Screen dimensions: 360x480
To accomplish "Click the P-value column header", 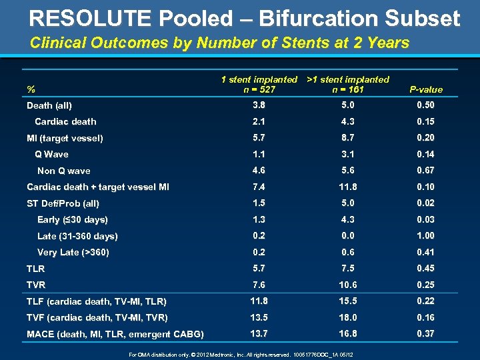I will click(425, 89).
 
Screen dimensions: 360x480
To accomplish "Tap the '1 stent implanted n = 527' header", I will click(259, 84).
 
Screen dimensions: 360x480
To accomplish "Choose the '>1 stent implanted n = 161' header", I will click(347, 84).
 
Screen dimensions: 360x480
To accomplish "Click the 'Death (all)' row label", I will click(49, 105).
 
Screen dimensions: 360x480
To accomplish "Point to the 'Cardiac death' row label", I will click(65, 121).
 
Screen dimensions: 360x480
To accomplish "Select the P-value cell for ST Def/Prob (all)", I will click(425, 203).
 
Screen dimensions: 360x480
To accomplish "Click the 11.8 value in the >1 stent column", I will click(347, 187).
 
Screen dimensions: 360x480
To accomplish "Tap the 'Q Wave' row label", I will click(51, 154).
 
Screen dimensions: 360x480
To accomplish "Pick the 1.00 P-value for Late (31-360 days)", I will click(425, 235).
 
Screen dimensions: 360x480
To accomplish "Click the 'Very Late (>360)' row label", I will click(73, 252).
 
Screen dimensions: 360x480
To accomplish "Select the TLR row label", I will click(36, 269).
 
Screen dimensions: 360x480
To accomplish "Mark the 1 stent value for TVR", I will click(259, 285).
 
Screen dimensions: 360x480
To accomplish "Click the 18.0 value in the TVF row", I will click(347, 317).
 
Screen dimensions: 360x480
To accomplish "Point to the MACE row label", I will click(115, 334).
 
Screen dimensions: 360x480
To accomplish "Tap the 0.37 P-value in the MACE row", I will click(425, 333).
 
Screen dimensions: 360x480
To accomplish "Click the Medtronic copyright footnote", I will click(240, 354).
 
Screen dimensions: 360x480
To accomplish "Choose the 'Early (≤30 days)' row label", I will click(73, 219).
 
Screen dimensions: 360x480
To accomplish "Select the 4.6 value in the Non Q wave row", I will click(259, 170).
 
